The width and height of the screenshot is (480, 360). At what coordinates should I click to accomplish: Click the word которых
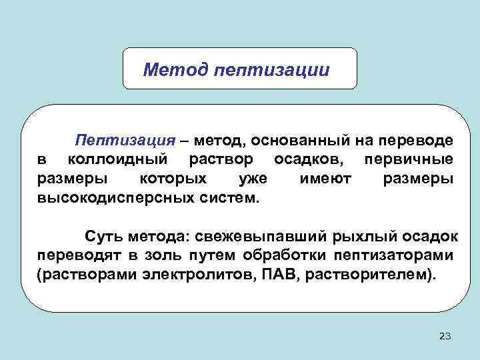click(x=174, y=179)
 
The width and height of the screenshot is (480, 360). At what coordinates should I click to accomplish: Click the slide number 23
click(x=445, y=337)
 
